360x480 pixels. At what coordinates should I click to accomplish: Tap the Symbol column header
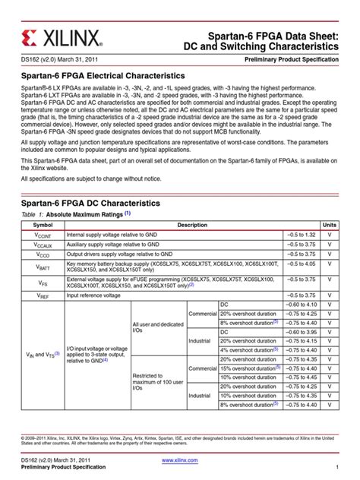pyautogui.click(x=43, y=226)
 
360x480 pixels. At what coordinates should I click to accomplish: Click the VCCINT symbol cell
pyautogui.click(x=43, y=235)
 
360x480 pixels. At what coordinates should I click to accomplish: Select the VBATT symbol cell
pyautogui.click(x=43, y=267)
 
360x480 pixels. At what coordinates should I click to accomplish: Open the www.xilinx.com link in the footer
pyautogui.click(x=180, y=460)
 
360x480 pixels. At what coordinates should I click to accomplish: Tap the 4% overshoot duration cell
pyautogui.click(x=245, y=350)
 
